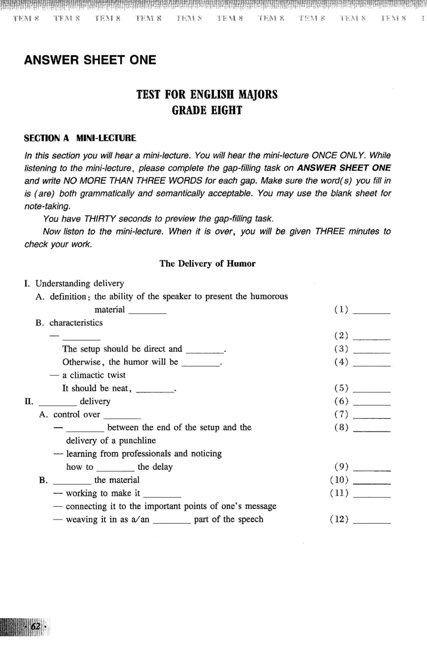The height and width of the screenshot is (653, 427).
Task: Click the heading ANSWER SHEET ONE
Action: click(x=90, y=60)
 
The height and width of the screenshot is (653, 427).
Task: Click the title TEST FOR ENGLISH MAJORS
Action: click(x=207, y=95)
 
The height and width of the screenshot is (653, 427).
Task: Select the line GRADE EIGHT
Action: click(x=207, y=111)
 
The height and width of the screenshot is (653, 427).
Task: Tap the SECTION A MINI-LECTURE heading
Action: click(x=80, y=138)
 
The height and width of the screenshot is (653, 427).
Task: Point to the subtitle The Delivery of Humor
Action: click(x=208, y=263)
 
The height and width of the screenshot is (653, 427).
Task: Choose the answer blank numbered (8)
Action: click(x=372, y=428)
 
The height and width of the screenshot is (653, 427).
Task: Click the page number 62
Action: click(x=36, y=626)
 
